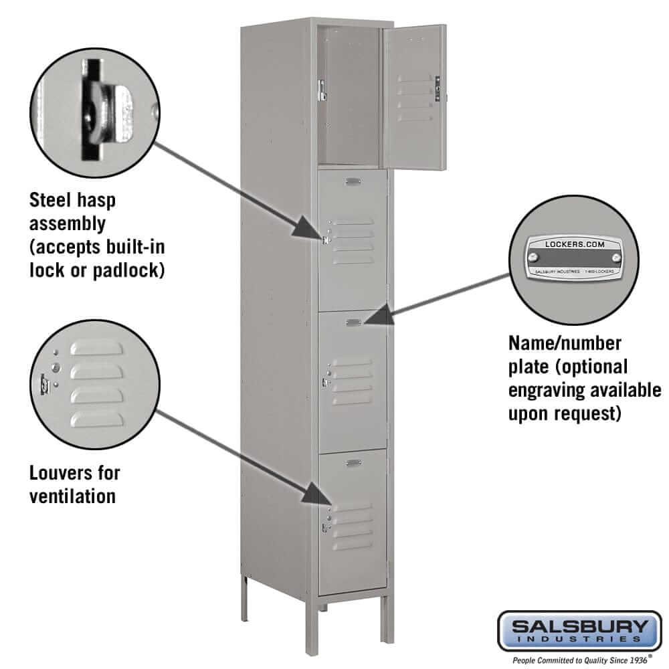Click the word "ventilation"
coord(72,496)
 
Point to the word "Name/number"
coord(565,343)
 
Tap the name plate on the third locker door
coord(354,322)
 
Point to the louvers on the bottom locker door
coord(353,526)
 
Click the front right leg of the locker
coord(387,619)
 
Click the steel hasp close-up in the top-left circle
coord(107,110)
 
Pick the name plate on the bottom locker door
coord(354,462)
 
